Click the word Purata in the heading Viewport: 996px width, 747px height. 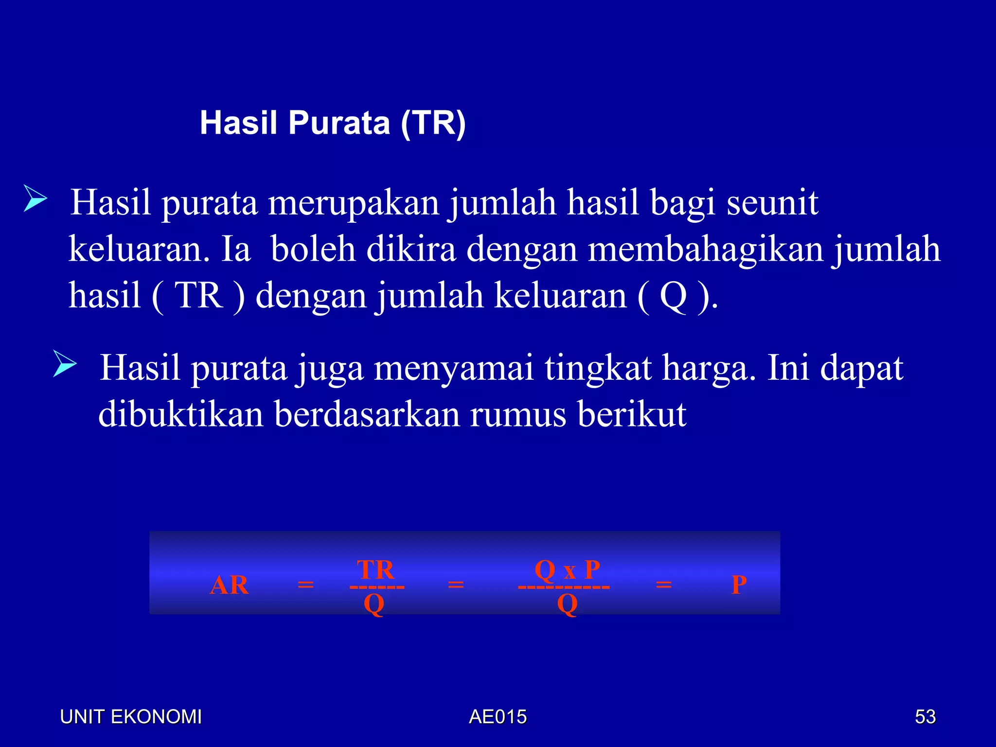pyautogui.click(x=339, y=123)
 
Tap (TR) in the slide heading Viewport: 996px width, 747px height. pyautogui.click(x=433, y=124)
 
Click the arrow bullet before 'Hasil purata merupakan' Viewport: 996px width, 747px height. pyautogui.click(x=35, y=199)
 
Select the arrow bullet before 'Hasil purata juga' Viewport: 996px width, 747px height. pyautogui.click(x=65, y=364)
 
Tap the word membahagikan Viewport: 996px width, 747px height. pyautogui.click(x=705, y=249)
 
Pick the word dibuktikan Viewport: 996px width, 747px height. pyautogui.click(x=180, y=414)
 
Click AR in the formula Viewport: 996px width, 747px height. pyautogui.click(x=229, y=585)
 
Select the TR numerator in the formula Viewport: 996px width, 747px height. pyautogui.click(x=375, y=569)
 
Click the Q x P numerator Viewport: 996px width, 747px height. pyautogui.click(x=567, y=569)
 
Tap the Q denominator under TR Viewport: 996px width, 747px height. pyautogui.click(x=374, y=605)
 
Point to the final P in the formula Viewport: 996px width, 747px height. pyautogui.click(x=739, y=585)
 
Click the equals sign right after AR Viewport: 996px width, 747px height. pyautogui.click(x=305, y=584)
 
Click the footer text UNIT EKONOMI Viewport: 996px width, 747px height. pyautogui.click(x=130, y=717)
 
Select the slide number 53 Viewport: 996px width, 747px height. pyautogui.click(x=925, y=717)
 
